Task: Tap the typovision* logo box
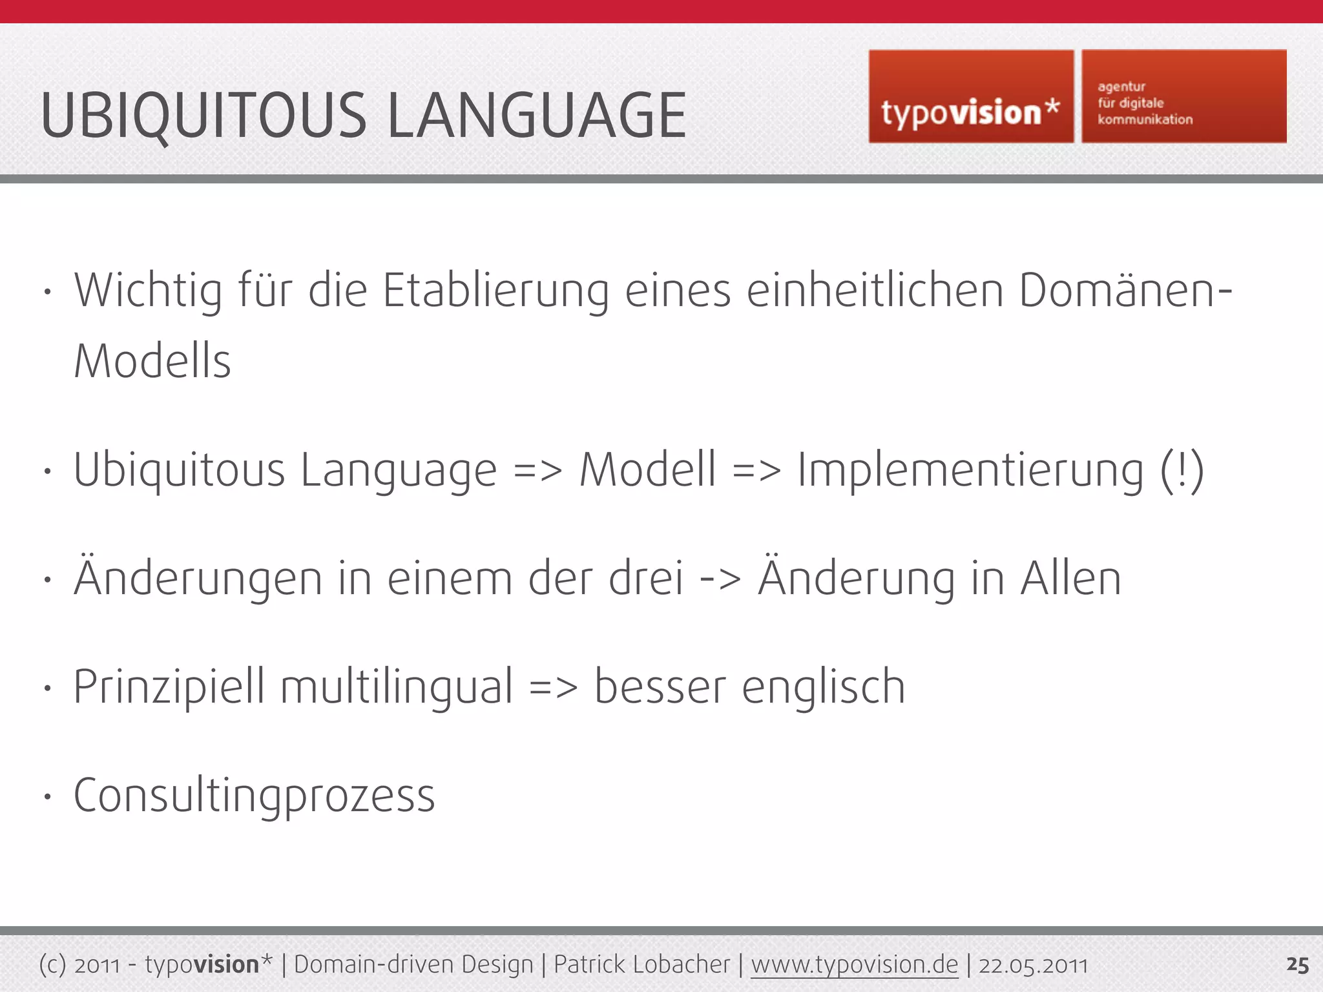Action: tap(970, 96)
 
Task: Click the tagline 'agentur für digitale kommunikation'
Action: tap(1145, 103)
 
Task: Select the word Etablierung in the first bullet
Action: tap(495, 291)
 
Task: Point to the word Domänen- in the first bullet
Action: tap(1125, 291)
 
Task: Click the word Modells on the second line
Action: tap(152, 361)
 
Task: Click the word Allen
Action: tap(1070, 578)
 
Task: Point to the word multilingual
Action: tap(397, 687)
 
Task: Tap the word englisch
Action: tap(823, 687)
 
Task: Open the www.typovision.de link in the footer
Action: tap(854, 965)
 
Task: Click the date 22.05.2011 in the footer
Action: tap(1033, 966)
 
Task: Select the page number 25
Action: tap(1297, 966)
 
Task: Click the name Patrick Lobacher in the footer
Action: tap(641, 965)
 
